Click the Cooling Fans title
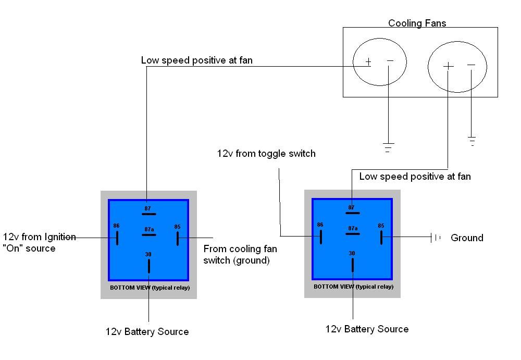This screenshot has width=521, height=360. [417, 23]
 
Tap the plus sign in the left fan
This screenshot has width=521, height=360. [368, 62]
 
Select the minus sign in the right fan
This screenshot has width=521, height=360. [471, 65]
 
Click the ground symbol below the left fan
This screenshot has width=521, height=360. [388, 147]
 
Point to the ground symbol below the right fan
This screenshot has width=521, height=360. [472, 141]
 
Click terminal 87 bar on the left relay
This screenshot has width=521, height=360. [149, 214]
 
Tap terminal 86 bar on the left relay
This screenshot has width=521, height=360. [117, 238]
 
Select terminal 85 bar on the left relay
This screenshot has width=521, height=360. [178, 239]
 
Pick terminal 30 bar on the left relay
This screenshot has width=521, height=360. [149, 266]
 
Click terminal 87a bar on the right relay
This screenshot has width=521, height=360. [353, 234]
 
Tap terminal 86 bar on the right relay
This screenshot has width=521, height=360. [321, 237]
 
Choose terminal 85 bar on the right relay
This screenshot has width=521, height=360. [381, 238]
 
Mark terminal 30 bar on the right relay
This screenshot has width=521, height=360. [353, 265]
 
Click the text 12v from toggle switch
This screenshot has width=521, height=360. [266, 154]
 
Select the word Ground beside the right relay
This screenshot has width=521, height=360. [467, 238]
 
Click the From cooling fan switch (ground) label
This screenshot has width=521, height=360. [240, 255]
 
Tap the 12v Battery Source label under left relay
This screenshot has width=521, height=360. [147, 332]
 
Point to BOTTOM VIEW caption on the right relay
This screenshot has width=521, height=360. [354, 287]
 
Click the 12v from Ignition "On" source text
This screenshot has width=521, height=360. [39, 243]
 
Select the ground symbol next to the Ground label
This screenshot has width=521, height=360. [436, 238]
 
